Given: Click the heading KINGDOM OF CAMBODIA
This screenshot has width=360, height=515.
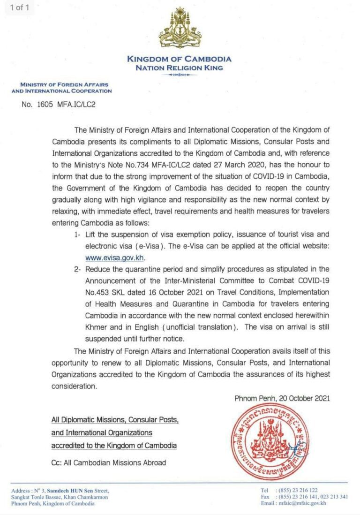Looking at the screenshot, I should pos(180,59).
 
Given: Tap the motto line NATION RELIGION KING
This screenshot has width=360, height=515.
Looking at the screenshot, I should pos(180,68).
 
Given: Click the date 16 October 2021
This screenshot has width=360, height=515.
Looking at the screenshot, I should pos(150,292).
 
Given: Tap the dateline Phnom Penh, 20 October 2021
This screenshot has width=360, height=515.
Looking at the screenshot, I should pos(282,398).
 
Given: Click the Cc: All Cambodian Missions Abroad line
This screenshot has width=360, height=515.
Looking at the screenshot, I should pos(108,462).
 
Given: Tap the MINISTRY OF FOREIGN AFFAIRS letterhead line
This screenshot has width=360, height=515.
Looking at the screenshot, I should pos(61,85).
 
